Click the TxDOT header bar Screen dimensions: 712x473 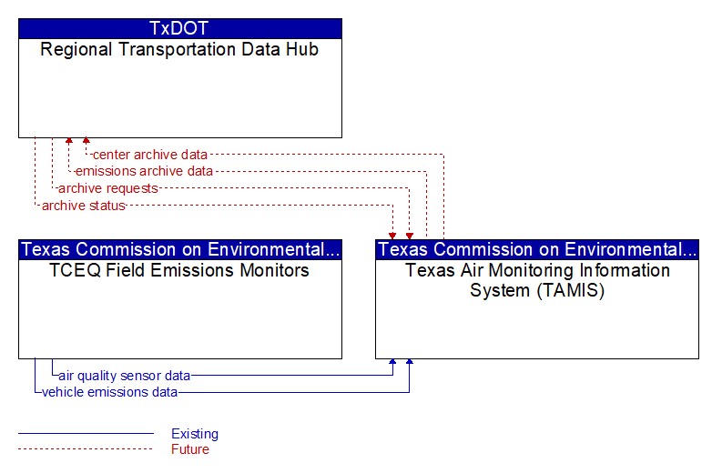point(180,28)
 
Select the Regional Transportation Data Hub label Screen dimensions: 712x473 point(179,49)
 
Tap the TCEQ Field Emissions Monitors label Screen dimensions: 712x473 point(179,270)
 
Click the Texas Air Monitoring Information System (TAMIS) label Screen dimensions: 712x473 point(537,280)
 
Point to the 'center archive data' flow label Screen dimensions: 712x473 point(150,155)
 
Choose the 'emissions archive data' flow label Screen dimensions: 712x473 point(144,171)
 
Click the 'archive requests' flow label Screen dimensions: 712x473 point(108,188)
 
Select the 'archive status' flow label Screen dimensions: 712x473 point(84,206)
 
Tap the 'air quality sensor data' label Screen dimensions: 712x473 point(125,376)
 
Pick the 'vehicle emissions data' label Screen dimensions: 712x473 point(109,392)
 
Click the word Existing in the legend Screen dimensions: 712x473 point(195,434)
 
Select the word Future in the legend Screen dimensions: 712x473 point(190,449)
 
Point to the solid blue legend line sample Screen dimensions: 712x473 point(86,434)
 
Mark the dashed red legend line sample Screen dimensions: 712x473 point(86,449)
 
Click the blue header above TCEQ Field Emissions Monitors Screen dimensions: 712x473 point(180,249)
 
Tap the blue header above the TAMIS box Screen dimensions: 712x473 point(537,249)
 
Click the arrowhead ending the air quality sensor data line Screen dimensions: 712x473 point(392,362)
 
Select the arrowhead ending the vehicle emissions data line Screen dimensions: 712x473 point(410,362)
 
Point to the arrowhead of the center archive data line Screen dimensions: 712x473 point(86,141)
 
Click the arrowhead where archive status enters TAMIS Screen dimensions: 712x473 point(392,236)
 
